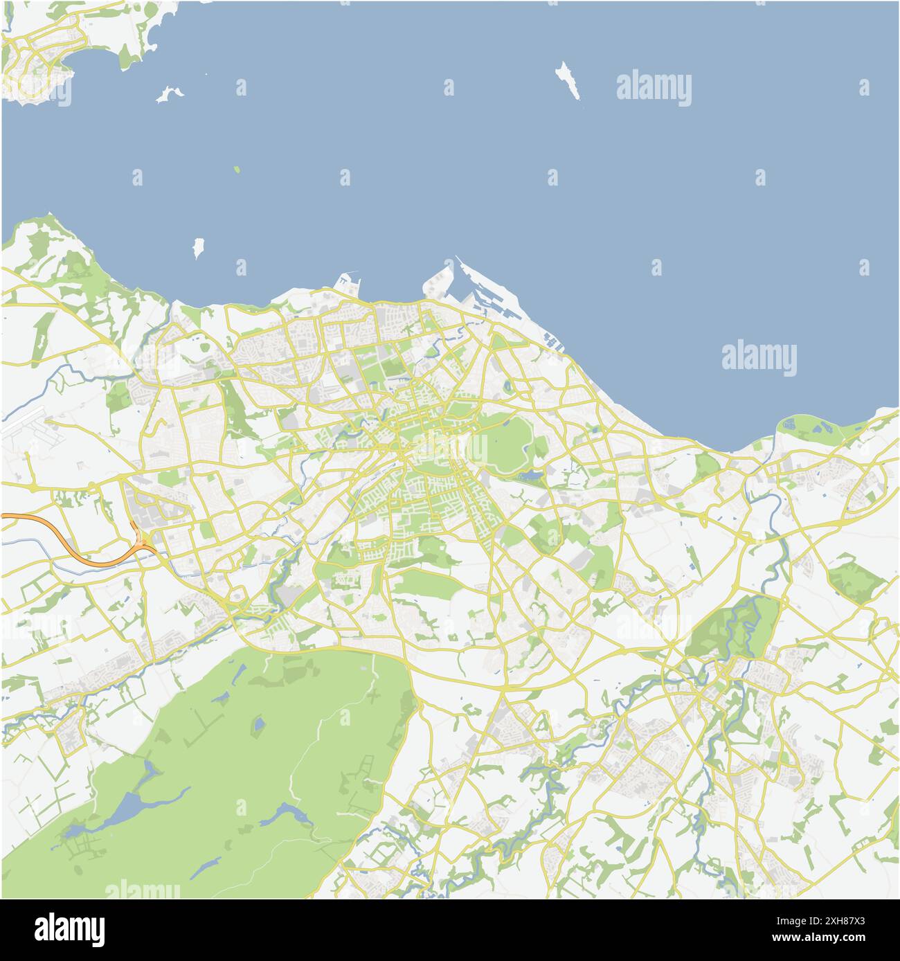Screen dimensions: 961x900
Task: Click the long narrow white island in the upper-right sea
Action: tap(568, 80)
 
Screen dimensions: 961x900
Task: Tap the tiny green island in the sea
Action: tap(237, 169)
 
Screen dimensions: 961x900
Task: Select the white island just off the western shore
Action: tap(199, 246)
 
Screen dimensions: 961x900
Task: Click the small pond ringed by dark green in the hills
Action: tap(258, 726)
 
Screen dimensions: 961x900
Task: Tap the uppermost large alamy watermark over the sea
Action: tap(653, 89)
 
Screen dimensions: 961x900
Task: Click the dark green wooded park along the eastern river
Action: tap(734, 627)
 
